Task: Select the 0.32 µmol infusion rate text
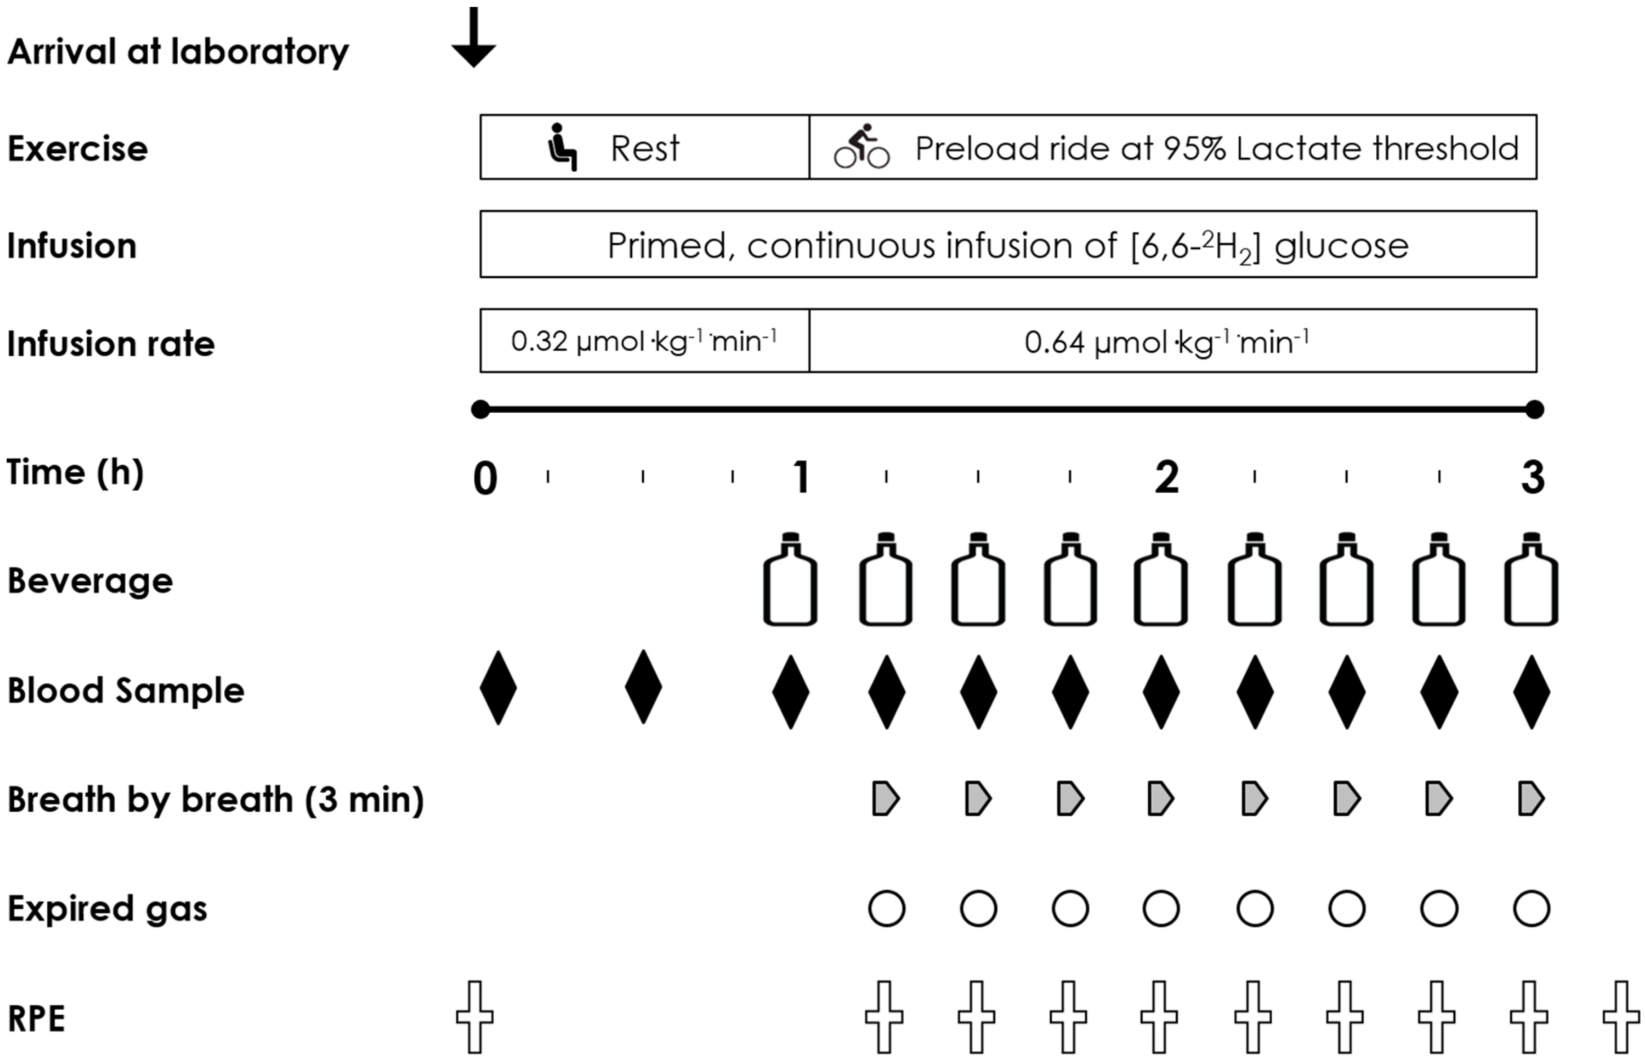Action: pos(644,341)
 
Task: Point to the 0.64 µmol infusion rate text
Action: pos(1167,342)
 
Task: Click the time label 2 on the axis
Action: pos(1167,477)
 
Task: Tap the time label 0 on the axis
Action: pos(485,478)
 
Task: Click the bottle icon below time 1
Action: pos(790,580)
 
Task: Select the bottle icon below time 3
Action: pos(1531,580)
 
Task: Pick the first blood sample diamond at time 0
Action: pos(498,688)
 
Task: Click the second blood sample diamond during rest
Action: pos(643,688)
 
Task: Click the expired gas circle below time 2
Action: pos(1161,909)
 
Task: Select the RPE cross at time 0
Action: pos(475,1017)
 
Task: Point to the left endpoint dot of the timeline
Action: pos(480,410)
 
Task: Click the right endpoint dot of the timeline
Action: pos(1534,410)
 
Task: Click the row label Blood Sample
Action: pos(126,690)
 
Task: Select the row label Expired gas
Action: pos(107,909)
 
